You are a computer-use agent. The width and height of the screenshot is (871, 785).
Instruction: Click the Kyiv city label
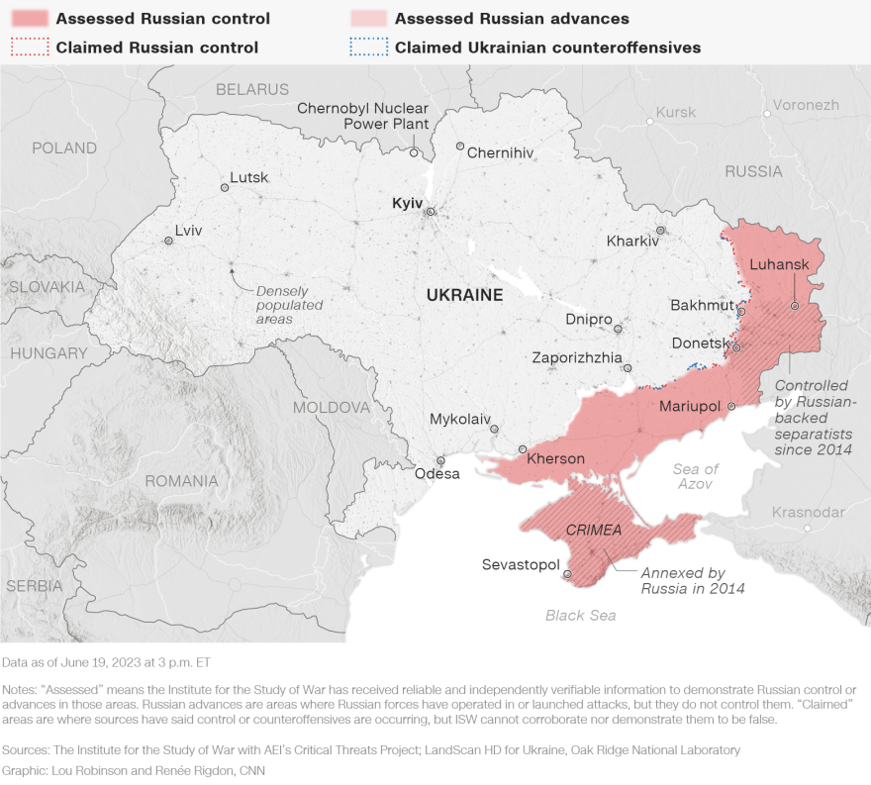(407, 202)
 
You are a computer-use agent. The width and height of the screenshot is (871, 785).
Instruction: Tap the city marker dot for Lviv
(168, 241)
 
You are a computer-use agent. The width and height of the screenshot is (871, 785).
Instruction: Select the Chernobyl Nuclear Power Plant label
(362, 116)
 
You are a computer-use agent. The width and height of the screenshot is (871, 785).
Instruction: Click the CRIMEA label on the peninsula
(594, 530)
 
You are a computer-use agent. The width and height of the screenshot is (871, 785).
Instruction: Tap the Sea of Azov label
(695, 476)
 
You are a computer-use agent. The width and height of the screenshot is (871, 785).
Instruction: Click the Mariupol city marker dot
(731, 406)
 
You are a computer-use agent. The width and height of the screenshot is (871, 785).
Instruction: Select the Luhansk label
(780, 264)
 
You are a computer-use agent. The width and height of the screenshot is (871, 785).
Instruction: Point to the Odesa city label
(436, 473)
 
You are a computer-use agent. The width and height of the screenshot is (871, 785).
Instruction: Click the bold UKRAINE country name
(464, 295)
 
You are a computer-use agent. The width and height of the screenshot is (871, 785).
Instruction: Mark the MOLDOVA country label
(331, 407)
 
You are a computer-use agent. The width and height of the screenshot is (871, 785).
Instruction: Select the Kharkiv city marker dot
(660, 231)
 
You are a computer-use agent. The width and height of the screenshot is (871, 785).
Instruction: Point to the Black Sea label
(580, 616)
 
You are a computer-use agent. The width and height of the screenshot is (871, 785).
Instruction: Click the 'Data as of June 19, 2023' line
(106, 661)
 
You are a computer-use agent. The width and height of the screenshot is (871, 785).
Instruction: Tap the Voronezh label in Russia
(806, 105)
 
